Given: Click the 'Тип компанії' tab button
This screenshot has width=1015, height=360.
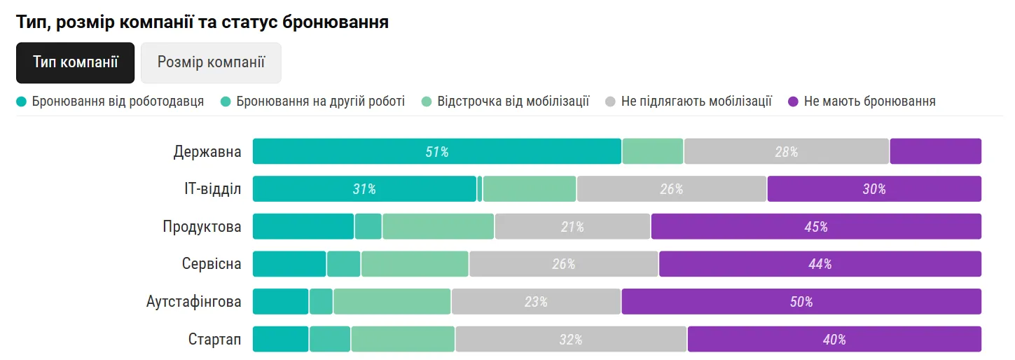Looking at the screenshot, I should pyautogui.click(x=75, y=62).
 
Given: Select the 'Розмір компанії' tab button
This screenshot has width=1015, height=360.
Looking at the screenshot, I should pyautogui.click(x=211, y=62).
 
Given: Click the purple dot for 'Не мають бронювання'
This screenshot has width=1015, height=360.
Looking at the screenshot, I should pyautogui.click(x=793, y=102).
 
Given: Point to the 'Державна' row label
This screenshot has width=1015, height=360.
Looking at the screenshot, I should pyautogui.click(x=207, y=151).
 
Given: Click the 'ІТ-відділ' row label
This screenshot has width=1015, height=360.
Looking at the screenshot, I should pyautogui.click(x=208, y=189).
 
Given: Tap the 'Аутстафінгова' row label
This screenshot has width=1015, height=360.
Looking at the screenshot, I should pyautogui.click(x=194, y=302).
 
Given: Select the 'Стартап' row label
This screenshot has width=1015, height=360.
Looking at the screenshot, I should pyautogui.click(x=214, y=340).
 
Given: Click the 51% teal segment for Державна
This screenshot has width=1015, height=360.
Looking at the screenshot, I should pyautogui.click(x=436, y=151).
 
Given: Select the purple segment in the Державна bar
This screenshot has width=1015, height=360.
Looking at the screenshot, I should pyautogui.click(x=935, y=151).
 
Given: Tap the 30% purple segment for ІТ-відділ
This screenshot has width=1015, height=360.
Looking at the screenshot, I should pyautogui.click(x=874, y=189).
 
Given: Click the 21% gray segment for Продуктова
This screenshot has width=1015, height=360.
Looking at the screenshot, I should pyautogui.click(x=572, y=227).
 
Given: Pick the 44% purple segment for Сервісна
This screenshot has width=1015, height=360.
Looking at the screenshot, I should pyautogui.click(x=820, y=264).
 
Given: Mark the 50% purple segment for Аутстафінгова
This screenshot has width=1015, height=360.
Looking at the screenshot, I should pyautogui.click(x=801, y=302).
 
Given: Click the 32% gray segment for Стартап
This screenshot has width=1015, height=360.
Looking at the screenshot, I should pyautogui.click(x=571, y=340).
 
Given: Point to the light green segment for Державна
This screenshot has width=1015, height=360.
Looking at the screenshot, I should pyautogui.click(x=652, y=151).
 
